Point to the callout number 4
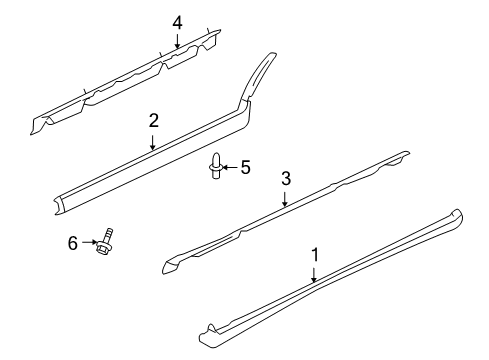[x=177, y=22]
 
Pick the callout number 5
[x=244, y=166]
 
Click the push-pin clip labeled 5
[x=216, y=166]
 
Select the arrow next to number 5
[x=231, y=166]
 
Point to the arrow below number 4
[x=177, y=40]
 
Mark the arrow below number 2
[x=154, y=141]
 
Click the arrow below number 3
[x=285, y=198]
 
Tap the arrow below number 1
[x=315, y=275]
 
